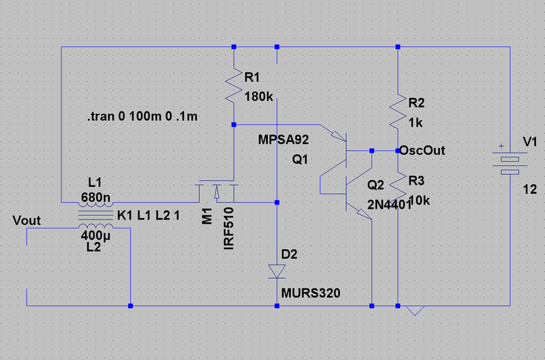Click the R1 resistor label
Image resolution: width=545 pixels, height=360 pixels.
[x=252, y=77]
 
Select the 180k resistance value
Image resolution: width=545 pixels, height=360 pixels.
[x=259, y=97]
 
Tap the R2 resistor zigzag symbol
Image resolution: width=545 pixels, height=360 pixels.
[x=398, y=110]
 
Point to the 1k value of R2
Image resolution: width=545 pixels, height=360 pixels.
[x=416, y=123]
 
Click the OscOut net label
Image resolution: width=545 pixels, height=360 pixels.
[x=422, y=150]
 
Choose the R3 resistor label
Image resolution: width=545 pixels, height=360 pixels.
[x=416, y=181]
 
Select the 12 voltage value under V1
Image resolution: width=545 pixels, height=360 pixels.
[x=530, y=190]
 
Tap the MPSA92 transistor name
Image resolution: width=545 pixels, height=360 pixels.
[x=283, y=140]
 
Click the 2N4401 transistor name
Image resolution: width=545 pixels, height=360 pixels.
[x=389, y=205]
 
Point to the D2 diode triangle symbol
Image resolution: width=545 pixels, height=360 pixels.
[x=277, y=271]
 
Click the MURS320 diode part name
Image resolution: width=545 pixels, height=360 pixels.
[x=311, y=293]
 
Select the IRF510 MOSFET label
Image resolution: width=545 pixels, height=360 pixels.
[x=229, y=228]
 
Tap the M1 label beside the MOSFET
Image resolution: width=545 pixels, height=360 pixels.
[x=207, y=216]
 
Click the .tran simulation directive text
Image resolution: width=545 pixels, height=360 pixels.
[x=142, y=116]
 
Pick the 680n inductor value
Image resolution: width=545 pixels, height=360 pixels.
[x=95, y=198]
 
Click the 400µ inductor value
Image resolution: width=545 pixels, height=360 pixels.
[x=95, y=235]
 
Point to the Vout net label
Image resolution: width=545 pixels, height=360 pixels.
[x=27, y=220]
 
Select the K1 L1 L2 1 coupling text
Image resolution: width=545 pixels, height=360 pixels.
[x=149, y=215]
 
